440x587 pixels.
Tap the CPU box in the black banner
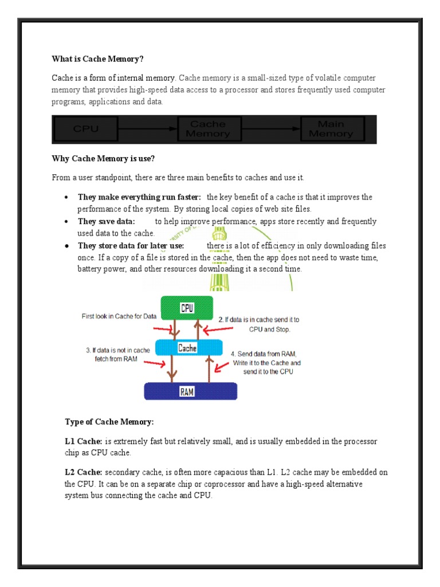click(86, 129)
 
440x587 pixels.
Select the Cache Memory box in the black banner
click(208, 129)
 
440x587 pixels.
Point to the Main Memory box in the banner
click(331, 129)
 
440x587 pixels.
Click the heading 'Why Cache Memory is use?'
click(104, 159)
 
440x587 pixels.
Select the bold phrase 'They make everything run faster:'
click(139, 197)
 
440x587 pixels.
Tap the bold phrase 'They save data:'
click(107, 221)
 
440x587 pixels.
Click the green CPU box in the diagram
click(187, 308)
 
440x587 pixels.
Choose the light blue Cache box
click(187, 348)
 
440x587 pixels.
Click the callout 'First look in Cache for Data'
click(119, 316)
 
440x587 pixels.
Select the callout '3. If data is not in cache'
click(118, 354)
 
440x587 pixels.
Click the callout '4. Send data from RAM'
click(266, 363)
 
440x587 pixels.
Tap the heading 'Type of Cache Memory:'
click(109, 422)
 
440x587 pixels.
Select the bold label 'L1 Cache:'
click(84, 442)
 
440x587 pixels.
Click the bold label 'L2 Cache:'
click(84, 472)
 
